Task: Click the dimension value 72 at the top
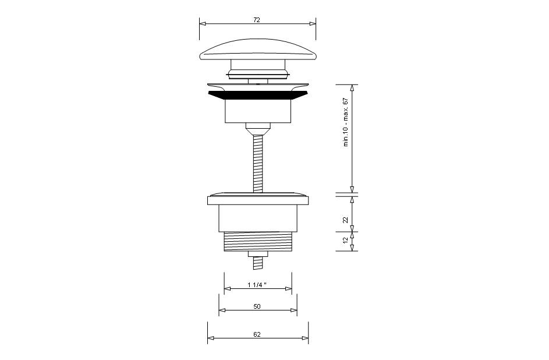tap(257, 20)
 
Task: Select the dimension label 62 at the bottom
tap(257, 334)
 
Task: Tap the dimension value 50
tap(257, 306)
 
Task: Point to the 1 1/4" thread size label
tap(257, 285)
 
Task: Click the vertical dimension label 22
tap(346, 220)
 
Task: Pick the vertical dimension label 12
tap(346, 240)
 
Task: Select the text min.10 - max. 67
tap(346, 122)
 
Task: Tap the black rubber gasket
tap(258, 96)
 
